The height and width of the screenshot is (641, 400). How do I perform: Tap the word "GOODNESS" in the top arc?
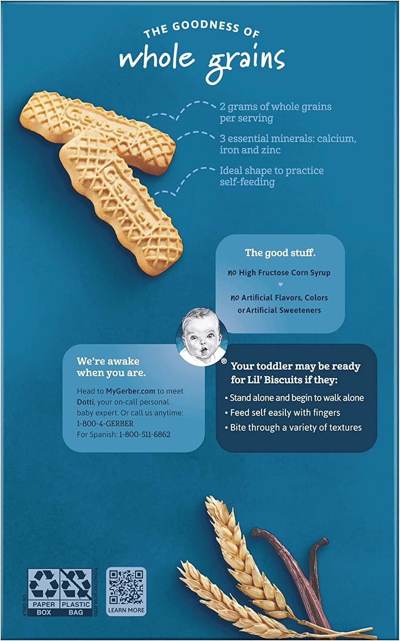click(x=206, y=26)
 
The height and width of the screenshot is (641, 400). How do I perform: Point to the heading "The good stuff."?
click(x=280, y=253)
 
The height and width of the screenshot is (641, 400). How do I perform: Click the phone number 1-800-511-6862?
click(x=144, y=435)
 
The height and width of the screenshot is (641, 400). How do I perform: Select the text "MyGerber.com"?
click(x=130, y=391)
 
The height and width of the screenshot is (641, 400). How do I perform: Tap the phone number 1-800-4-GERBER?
click(x=105, y=423)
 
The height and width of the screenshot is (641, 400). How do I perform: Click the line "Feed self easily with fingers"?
click(x=282, y=413)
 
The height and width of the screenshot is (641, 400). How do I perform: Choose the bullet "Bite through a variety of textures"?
click(x=293, y=427)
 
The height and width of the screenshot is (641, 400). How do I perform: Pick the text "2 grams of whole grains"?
click(x=276, y=107)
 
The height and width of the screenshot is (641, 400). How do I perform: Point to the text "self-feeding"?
click(x=247, y=182)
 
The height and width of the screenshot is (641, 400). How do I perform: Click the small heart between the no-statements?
click(x=280, y=285)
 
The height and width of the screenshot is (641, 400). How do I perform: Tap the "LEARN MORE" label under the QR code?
click(x=126, y=610)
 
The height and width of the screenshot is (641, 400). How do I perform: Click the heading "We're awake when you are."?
click(x=111, y=367)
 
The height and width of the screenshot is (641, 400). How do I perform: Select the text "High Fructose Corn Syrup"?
click(x=285, y=273)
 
